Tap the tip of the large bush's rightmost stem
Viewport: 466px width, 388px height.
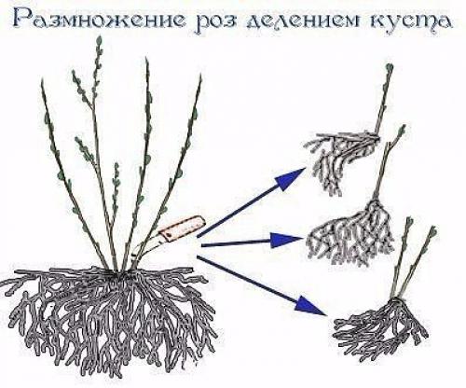click(x=199, y=78)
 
